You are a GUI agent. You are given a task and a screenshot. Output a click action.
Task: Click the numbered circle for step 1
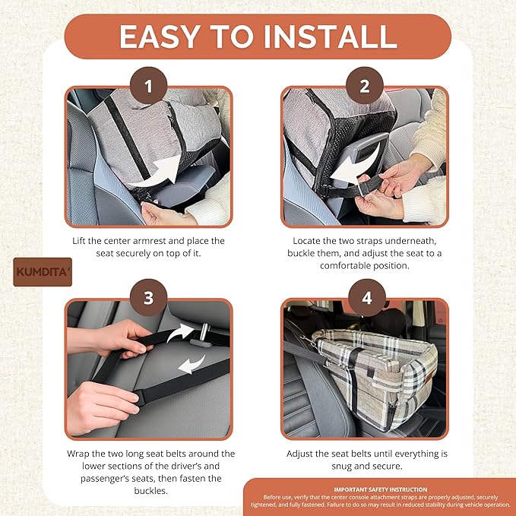tap(148, 86)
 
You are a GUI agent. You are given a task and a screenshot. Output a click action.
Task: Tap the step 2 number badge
tap(365, 86)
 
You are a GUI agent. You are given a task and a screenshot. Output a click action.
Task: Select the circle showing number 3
tap(148, 298)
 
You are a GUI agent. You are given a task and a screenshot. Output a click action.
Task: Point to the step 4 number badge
tap(367, 298)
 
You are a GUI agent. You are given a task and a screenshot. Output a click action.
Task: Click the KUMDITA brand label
tap(43, 272)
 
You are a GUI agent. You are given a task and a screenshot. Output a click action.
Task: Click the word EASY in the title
tap(160, 36)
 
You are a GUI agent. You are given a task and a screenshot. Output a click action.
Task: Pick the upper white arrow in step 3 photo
tap(179, 331)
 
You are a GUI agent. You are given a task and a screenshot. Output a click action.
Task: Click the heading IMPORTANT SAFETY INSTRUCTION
tap(381, 489)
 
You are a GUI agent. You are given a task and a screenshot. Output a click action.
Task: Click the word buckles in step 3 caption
tap(150, 491)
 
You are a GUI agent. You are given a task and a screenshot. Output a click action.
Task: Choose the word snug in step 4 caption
tap(341, 467)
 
